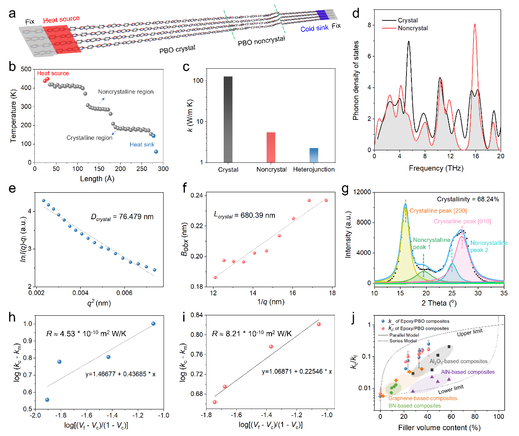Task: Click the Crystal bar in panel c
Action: click(x=228, y=119)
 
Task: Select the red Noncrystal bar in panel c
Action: click(x=271, y=147)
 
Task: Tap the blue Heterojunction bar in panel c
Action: click(x=314, y=155)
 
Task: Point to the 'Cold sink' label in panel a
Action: click(x=314, y=28)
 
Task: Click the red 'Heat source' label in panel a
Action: click(x=61, y=19)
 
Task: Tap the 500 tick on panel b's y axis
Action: click(x=26, y=69)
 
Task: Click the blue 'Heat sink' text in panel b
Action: click(x=142, y=144)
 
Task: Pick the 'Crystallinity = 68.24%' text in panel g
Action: click(x=468, y=199)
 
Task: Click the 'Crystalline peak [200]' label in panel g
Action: click(x=438, y=211)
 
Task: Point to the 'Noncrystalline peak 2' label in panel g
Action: click(x=488, y=246)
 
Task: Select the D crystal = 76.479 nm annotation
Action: click(x=122, y=217)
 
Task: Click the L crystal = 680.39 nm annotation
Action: click(x=244, y=215)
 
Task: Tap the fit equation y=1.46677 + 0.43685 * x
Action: click(x=120, y=374)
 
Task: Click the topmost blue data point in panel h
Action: click(x=153, y=324)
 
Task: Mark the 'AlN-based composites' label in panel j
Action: click(x=467, y=372)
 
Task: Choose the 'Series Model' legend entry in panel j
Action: click(x=403, y=341)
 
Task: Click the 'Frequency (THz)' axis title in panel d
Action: click(x=436, y=168)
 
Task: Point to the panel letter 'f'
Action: click(x=185, y=188)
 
